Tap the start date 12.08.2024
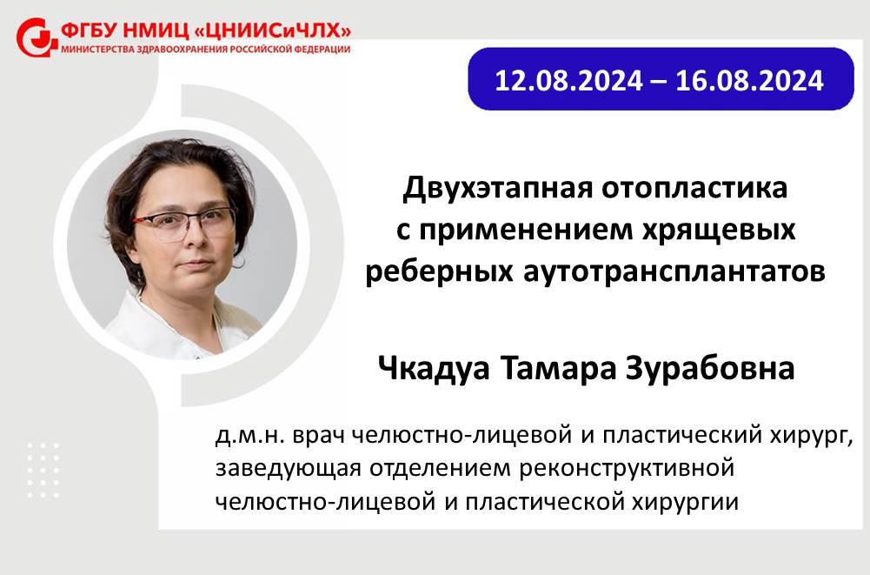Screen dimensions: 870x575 [x=568, y=81]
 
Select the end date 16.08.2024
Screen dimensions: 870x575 [x=749, y=81]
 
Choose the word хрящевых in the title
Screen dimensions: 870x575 [x=719, y=230]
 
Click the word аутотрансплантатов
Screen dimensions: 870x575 [x=674, y=271]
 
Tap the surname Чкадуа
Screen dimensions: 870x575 [x=434, y=368]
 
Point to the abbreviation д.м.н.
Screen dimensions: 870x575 [x=249, y=436]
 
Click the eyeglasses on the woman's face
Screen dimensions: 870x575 [x=187, y=224]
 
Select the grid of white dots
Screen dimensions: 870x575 [x=43, y=470]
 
